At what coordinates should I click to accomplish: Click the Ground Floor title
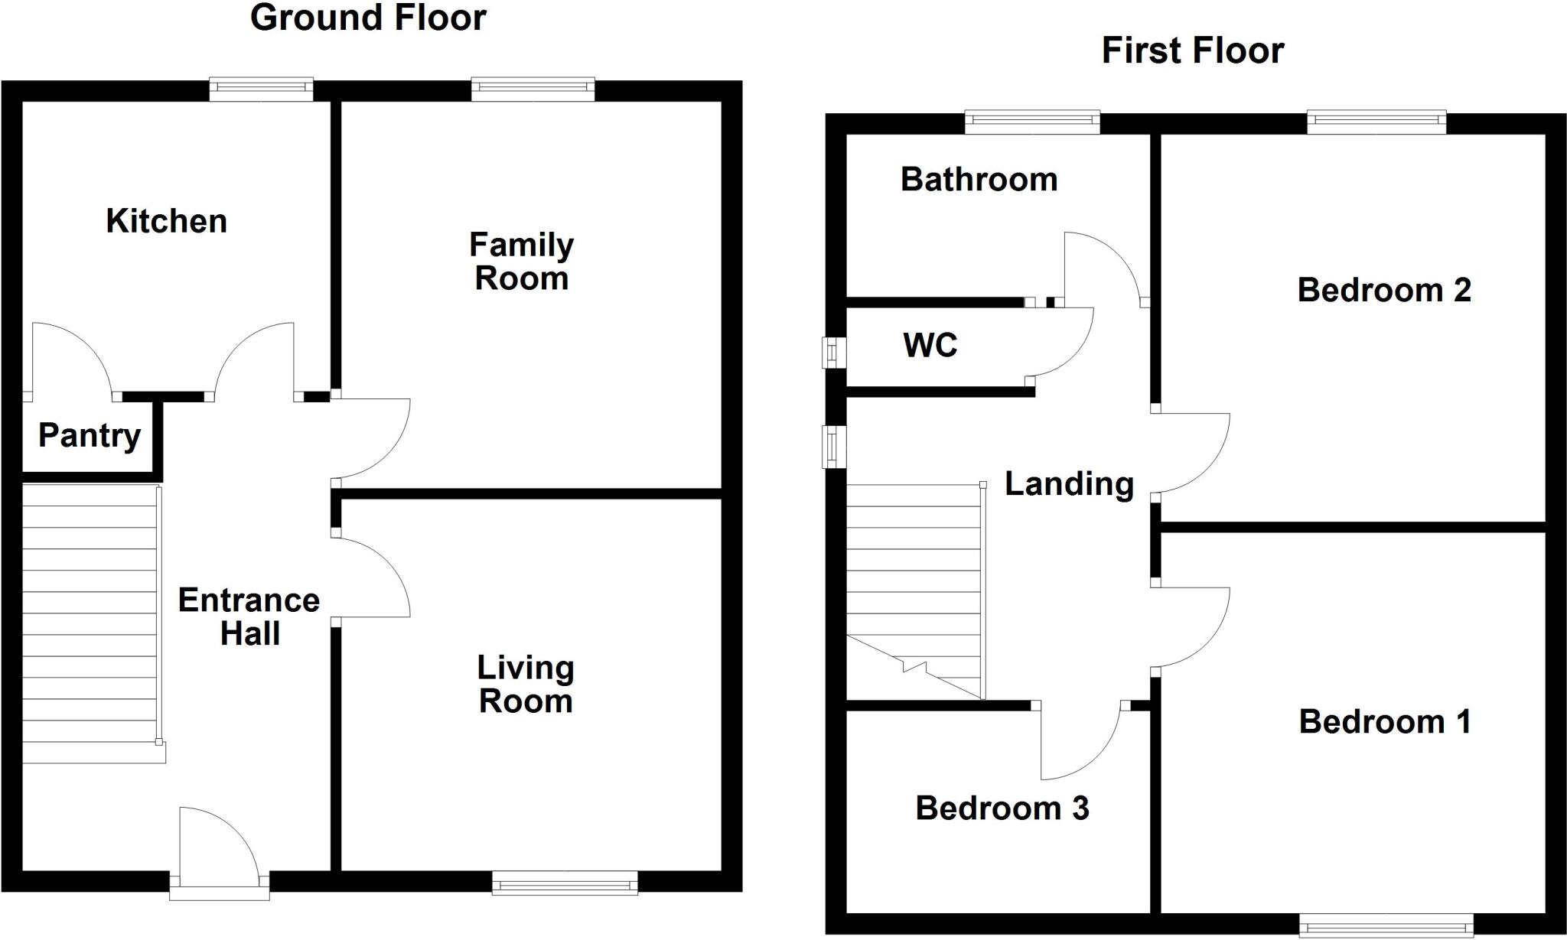click(x=368, y=18)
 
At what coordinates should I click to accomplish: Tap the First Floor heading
click(x=1192, y=51)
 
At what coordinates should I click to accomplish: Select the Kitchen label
click(x=166, y=221)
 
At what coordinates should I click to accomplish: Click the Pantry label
click(x=90, y=436)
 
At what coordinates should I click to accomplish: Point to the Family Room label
click(x=521, y=262)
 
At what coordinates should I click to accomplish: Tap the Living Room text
click(x=525, y=685)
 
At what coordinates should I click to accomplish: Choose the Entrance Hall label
click(x=249, y=616)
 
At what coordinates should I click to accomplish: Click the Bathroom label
click(x=979, y=180)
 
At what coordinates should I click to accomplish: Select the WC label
click(x=930, y=346)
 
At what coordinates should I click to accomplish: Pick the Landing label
click(x=1068, y=484)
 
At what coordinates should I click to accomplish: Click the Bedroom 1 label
click(x=1384, y=722)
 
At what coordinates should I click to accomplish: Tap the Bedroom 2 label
click(x=1383, y=291)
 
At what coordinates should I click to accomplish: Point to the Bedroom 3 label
click(x=1002, y=808)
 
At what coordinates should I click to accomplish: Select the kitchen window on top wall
click(x=262, y=89)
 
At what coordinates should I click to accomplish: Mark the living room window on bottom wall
click(x=565, y=883)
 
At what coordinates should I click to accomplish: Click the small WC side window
click(x=834, y=353)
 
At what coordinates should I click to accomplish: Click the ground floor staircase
click(x=90, y=623)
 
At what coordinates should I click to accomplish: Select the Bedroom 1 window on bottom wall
click(x=1386, y=925)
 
